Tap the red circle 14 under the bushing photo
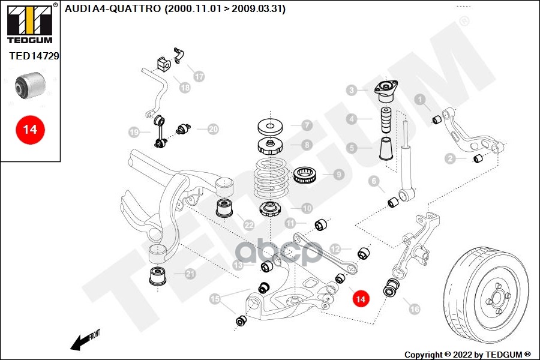[x=29, y=129]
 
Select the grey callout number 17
[x=199, y=76]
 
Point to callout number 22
[x=249, y=226]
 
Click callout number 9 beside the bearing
[x=338, y=175]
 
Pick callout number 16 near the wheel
[x=414, y=309]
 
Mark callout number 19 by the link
[x=133, y=132]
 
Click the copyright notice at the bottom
[x=467, y=354]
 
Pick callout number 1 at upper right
[x=421, y=100]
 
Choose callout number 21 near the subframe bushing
[x=190, y=274]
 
